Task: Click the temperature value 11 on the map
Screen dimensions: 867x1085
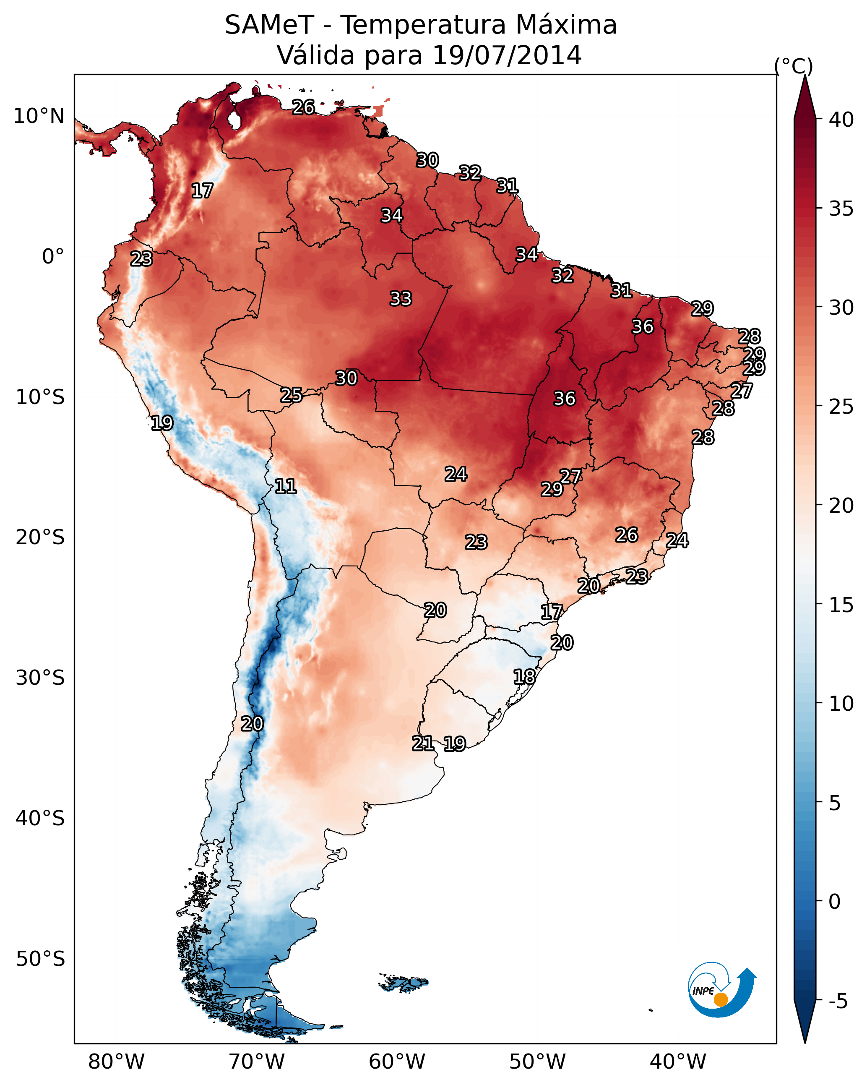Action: click(x=285, y=486)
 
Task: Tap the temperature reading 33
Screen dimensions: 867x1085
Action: click(x=401, y=299)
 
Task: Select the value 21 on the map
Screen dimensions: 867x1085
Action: click(x=423, y=743)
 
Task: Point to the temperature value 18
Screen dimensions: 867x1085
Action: click(x=524, y=677)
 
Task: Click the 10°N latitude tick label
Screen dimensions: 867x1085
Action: click(x=39, y=116)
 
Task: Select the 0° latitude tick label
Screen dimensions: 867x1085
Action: click(x=53, y=257)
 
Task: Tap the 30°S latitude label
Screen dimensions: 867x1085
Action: click(x=40, y=678)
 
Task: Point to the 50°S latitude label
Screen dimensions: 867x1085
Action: click(x=40, y=959)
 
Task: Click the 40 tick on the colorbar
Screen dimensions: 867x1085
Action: click(x=841, y=120)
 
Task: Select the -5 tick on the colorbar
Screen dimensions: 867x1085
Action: click(x=838, y=1002)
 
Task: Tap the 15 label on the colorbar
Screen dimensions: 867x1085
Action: click(x=841, y=605)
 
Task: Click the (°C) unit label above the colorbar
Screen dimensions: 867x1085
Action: click(x=794, y=66)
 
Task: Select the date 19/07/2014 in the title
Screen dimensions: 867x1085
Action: click(x=507, y=55)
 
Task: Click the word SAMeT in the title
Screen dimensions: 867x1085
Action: click(x=269, y=25)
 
